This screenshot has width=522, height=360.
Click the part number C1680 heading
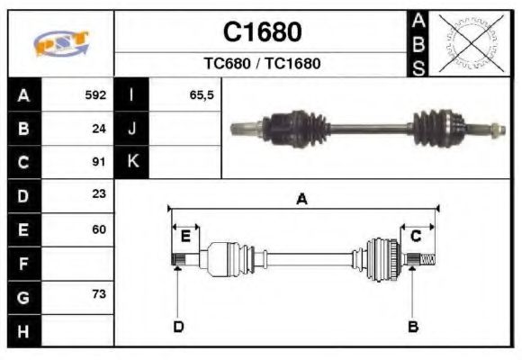(262, 32)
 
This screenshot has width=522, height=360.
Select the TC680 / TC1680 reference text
(262, 64)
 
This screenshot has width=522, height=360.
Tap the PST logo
(61, 43)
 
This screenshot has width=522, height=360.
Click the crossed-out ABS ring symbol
(470, 43)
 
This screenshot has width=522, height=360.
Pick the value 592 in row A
(95, 95)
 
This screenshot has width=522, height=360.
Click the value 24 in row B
(99, 129)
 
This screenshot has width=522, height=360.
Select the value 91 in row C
(99, 162)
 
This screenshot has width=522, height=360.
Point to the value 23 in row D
(99, 195)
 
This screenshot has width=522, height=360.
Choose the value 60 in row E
(99, 229)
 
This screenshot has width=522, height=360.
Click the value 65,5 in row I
(201, 95)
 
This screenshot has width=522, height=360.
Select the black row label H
(24, 330)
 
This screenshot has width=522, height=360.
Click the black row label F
(24, 263)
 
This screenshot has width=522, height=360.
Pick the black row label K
(132, 162)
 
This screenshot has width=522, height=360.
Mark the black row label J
(132, 129)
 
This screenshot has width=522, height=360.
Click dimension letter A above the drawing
(302, 200)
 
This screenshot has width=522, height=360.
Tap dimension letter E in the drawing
(185, 236)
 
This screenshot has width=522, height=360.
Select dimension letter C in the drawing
(416, 236)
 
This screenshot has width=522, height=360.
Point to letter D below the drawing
(178, 326)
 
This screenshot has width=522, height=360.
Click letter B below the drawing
(413, 326)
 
